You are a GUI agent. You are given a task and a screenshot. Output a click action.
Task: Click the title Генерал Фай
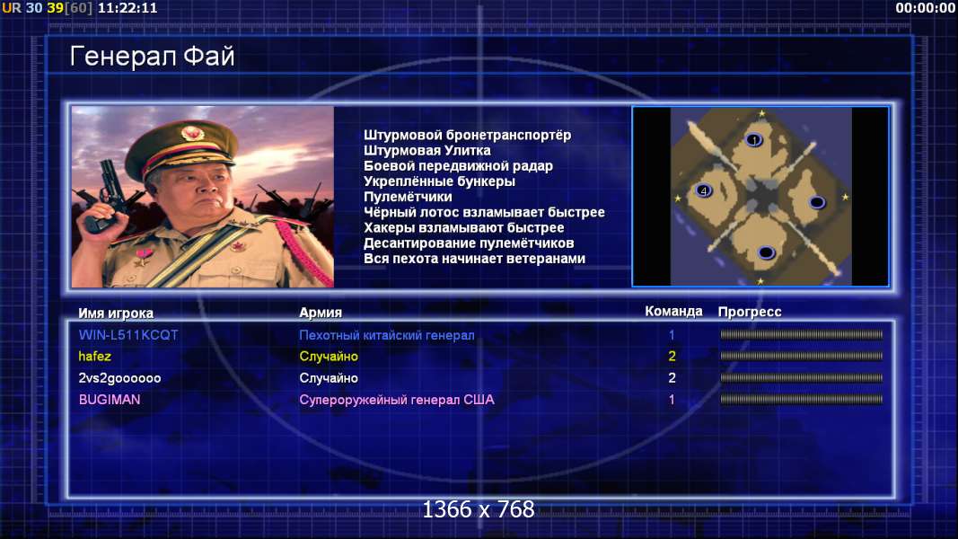click(152, 57)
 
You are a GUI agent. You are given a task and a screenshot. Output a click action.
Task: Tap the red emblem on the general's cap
click(192, 133)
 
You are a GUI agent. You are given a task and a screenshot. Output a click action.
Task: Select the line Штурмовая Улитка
click(427, 150)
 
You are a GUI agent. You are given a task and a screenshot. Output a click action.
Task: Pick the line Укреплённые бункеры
click(439, 181)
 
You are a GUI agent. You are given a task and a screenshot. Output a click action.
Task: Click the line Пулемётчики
click(408, 197)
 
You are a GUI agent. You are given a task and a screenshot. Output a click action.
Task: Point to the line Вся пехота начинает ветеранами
click(474, 259)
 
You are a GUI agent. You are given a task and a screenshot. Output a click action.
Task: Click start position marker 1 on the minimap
click(754, 140)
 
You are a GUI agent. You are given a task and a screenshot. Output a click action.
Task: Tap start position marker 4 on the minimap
click(703, 190)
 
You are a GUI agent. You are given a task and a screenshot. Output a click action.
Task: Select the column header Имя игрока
click(116, 313)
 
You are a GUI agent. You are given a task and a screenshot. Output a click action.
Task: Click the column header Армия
click(321, 313)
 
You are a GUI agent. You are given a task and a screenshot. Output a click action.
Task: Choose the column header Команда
click(673, 311)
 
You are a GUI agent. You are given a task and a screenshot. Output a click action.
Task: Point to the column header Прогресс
click(750, 312)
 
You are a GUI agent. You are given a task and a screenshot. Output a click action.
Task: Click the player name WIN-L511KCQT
click(128, 335)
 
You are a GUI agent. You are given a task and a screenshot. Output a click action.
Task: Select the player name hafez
click(94, 357)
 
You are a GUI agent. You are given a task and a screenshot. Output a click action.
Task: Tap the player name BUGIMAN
click(110, 400)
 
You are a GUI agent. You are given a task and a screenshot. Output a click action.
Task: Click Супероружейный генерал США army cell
click(397, 400)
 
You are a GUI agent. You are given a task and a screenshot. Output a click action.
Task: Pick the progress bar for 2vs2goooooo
click(801, 378)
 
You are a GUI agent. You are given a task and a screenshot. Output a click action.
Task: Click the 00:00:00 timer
click(925, 8)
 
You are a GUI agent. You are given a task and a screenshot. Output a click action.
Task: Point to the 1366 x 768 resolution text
click(479, 509)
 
